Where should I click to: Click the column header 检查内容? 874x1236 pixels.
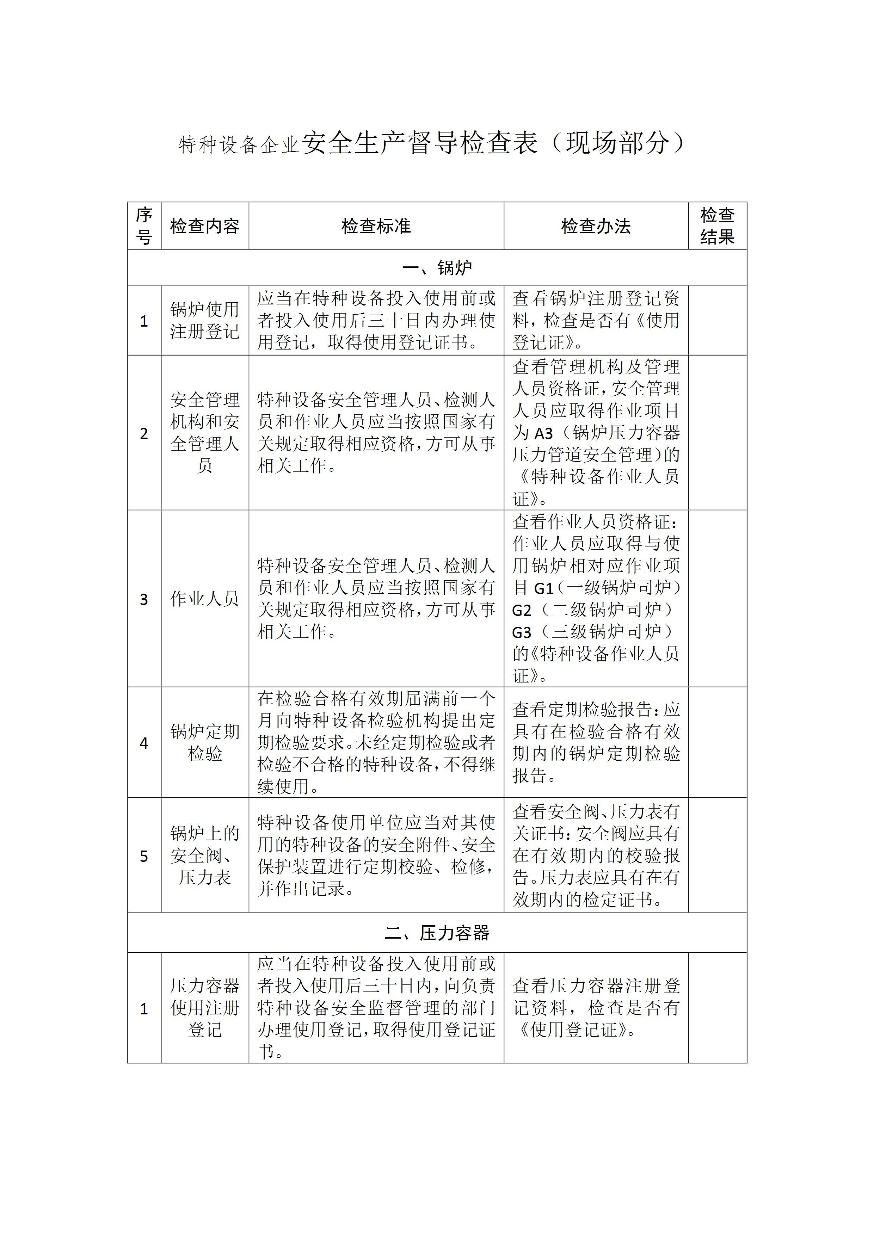(x=205, y=226)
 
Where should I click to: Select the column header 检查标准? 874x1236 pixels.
(x=376, y=226)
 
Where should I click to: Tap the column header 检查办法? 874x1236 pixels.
(x=596, y=226)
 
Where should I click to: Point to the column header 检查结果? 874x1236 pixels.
(x=717, y=226)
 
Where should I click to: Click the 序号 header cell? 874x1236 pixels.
(x=144, y=226)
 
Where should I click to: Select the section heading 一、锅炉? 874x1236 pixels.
(x=437, y=267)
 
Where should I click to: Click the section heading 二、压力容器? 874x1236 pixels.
(x=437, y=933)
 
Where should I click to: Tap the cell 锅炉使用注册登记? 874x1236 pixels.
(x=205, y=320)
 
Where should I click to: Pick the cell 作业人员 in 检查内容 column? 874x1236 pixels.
(x=205, y=599)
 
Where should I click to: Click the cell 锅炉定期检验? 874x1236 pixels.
(x=205, y=743)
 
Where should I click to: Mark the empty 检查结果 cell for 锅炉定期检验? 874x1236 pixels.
(x=717, y=743)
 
